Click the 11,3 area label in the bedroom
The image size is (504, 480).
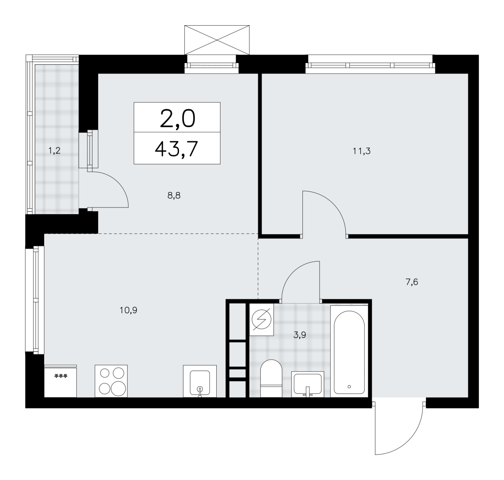tap(362, 151)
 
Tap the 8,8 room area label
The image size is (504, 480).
tap(174, 196)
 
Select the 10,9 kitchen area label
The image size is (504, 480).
tap(128, 310)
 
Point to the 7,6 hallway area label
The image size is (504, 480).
tap(412, 282)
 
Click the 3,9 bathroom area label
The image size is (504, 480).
tap(299, 335)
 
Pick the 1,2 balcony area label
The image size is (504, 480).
tap(54, 150)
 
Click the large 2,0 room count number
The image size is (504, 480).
tap(177, 119)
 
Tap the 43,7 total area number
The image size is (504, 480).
tap(177, 149)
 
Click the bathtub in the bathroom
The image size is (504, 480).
tap(349, 351)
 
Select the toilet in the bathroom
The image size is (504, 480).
tap(271, 378)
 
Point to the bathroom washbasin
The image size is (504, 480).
tap(307, 384)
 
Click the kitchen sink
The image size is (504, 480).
tap(199, 381)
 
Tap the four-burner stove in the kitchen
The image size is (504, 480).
tap(111, 381)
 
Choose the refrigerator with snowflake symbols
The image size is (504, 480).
tap(60, 381)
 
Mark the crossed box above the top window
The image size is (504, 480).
tap(217, 40)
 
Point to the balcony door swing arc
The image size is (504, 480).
tap(118, 182)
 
